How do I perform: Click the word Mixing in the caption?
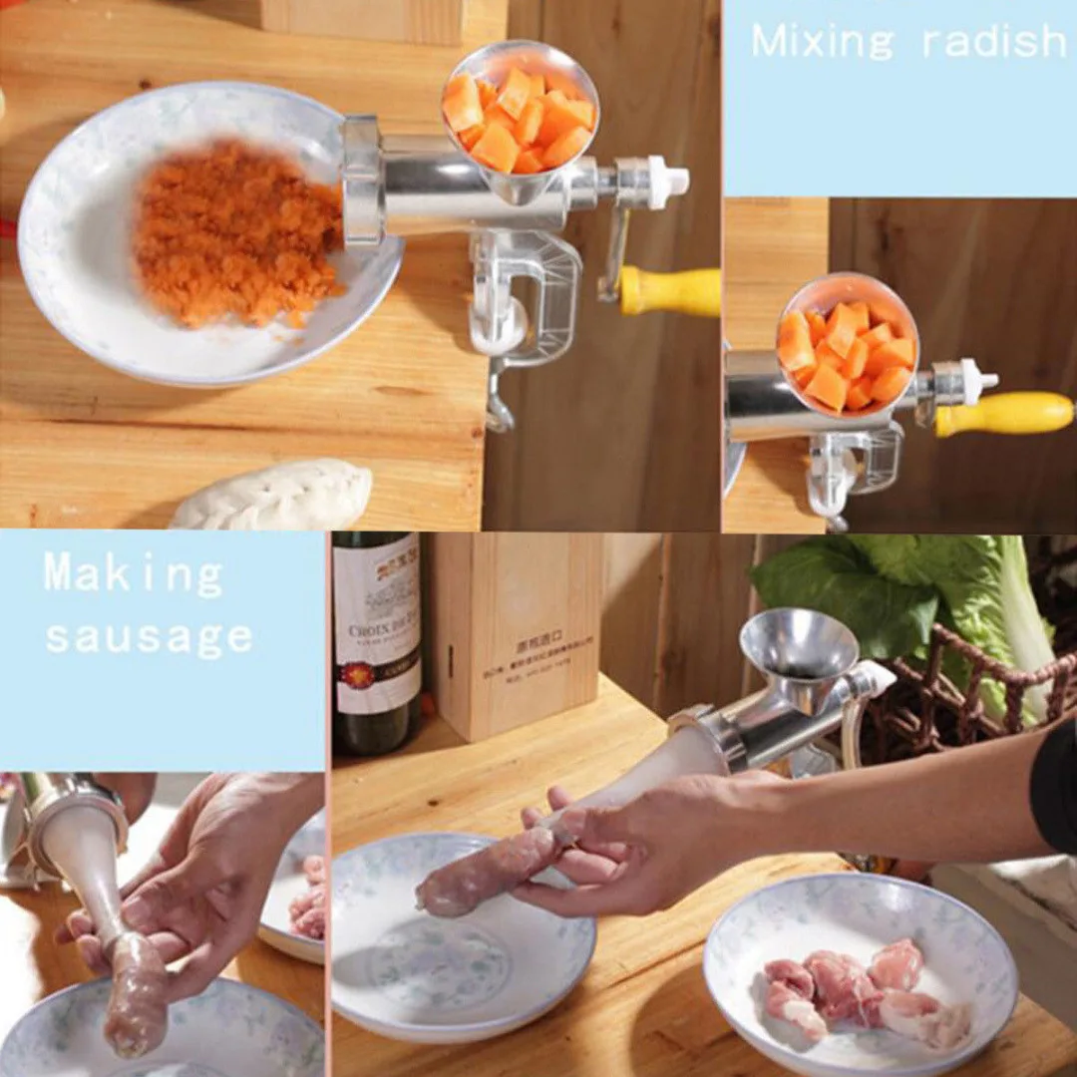[823, 42]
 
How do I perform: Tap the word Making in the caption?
[133, 577]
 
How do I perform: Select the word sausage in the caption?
[149, 637]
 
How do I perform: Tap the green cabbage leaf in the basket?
[858, 588]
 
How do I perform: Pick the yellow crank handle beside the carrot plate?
[670, 291]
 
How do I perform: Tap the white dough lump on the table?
[274, 497]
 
